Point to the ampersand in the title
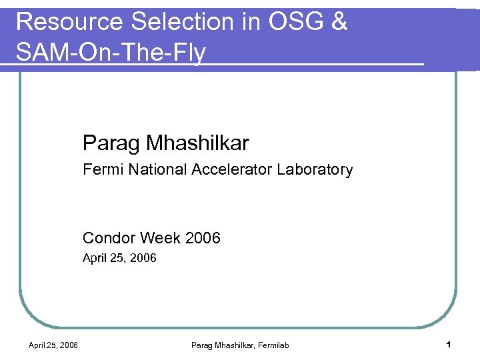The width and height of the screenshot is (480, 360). pyautogui.click(x=339, y=22)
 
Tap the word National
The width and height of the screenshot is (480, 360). pyautogui.click(x=159, y=169)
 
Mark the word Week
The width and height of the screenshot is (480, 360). pyautogui.click(x=160, y=238)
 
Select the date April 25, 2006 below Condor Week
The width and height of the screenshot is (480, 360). pyautogui.click(x=119, y=258)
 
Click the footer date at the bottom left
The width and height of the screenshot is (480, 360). pyautogui.click(x=53, y=345)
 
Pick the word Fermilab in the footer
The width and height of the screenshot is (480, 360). pyautogui.click(x=273, y=345)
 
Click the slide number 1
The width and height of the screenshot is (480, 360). pyautogui.click(x=449, y=345)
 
